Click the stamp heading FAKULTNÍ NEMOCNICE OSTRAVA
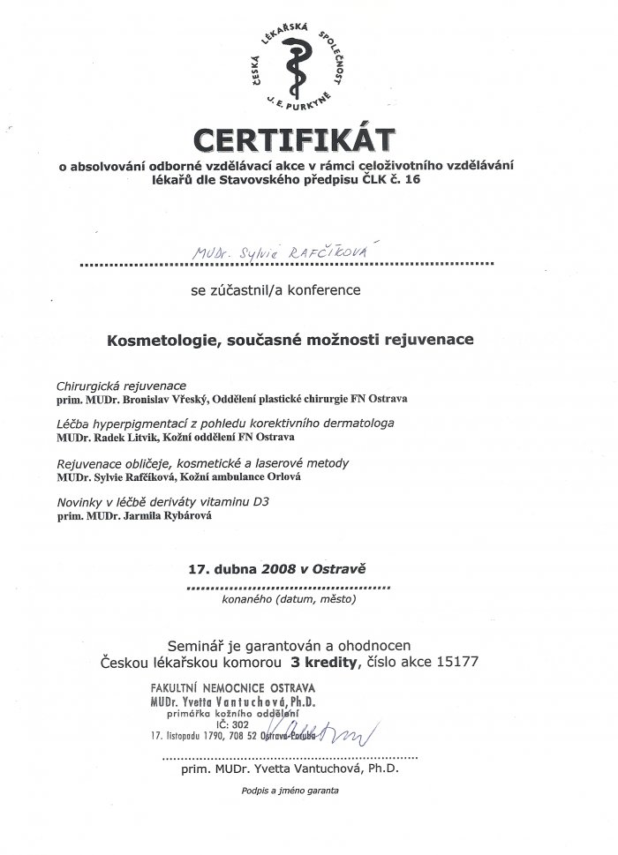(233, 687)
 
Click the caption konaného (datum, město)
(289, 599)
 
